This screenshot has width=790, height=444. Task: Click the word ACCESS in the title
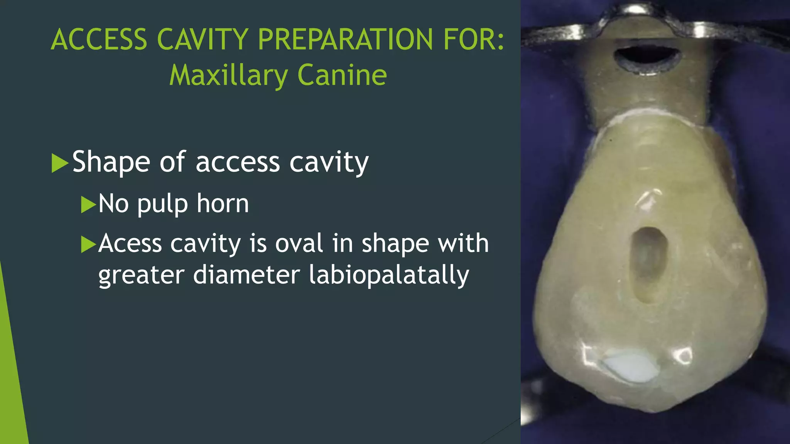click(99, 40)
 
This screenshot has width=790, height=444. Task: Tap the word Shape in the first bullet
click(111, 162)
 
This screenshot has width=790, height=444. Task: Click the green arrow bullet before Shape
click(59, 163)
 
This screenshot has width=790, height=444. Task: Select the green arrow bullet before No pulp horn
click(88, 204)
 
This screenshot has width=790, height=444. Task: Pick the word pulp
click(162, 204)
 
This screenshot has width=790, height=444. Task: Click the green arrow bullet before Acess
click(88, 244)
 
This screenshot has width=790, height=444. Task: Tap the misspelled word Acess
click(130, 244)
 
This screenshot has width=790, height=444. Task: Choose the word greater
click(141, 276)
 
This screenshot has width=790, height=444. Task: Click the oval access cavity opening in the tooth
click(648, 262)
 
